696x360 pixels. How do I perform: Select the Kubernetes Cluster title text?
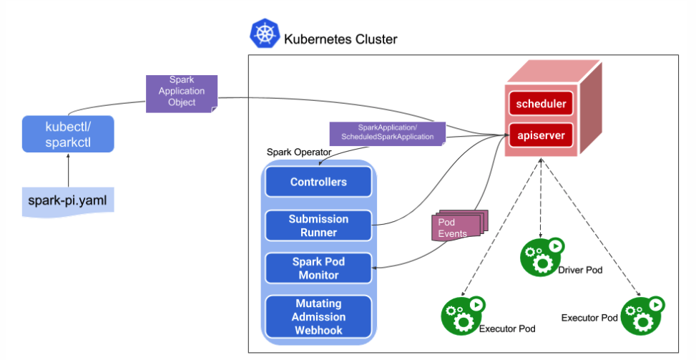pos(340,39)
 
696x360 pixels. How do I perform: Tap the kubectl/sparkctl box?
pos(68,135)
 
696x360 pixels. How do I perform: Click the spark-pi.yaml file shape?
pos(67,200)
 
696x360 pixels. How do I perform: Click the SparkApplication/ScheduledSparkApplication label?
pos(387,132)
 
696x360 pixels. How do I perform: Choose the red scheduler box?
pos(542,104)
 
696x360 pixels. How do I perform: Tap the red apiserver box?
pos(542,134)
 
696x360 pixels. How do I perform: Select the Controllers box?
pos(318,182)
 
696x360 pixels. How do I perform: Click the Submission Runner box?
pos(318,225)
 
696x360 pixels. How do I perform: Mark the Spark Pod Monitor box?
pos(318,268)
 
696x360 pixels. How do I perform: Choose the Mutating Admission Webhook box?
pos(318,317)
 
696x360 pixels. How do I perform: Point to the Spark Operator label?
pos(294,152)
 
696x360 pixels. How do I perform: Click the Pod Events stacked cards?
pos(458,227)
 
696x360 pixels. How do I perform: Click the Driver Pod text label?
pos(580,271)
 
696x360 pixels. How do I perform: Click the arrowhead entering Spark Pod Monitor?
pos(377,268)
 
